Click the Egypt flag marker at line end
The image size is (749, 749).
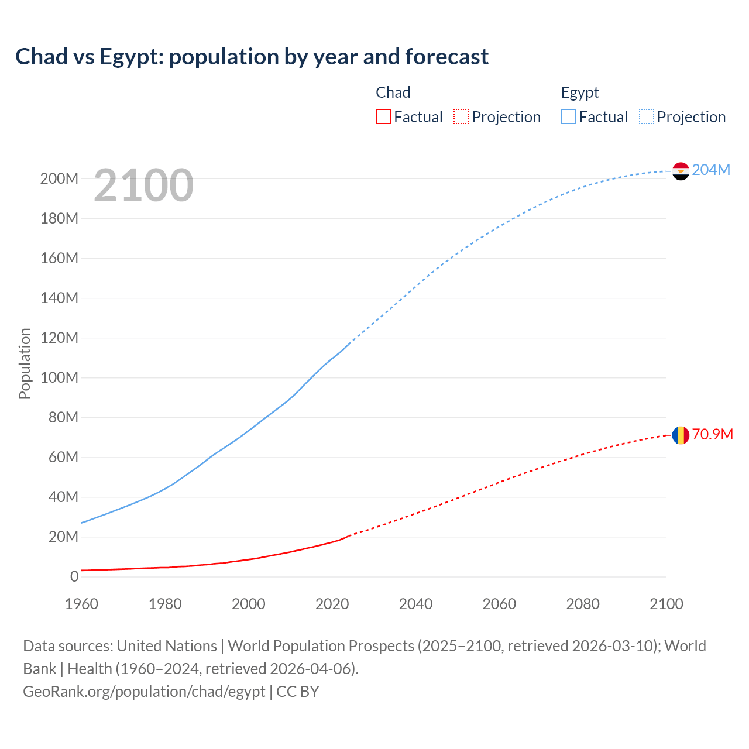tap(681, 171)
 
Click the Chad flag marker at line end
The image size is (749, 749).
tap(681, 435)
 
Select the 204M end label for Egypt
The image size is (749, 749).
tap(711, 170)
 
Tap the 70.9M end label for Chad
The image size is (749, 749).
tap(712, 434)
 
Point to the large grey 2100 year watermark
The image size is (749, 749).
tap(143, 185)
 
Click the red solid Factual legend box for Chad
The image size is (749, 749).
tap(383, 116)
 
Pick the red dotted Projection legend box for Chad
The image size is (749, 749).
tap(461, 116)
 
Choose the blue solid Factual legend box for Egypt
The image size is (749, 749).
tap(568, 116)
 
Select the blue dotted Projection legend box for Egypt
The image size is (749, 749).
tap(646, 116)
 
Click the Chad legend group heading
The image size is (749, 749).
tap(393, 92)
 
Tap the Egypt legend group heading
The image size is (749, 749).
tap(579, 92)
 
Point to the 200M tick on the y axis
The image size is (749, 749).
tap(59, 178)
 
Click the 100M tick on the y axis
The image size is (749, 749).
tap(59, 377)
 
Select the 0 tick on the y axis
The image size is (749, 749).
tap(74, 576)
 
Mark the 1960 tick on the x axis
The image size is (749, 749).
tap(81, 604)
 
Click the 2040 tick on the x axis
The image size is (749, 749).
tap(415, 604)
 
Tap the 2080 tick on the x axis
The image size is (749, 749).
tap(583, 604)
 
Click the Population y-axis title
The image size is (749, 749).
tap(25, 363)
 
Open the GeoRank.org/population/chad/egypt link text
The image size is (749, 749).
tap(144, 692)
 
